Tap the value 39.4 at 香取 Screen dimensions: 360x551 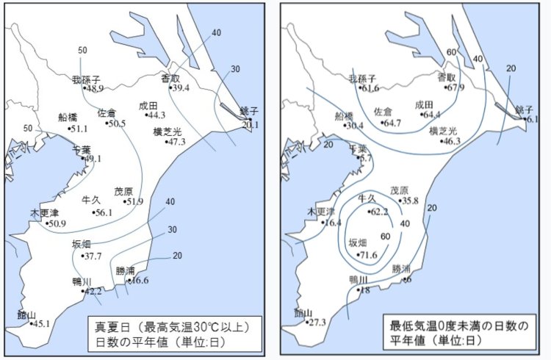180,87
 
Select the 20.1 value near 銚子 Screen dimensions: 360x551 250,124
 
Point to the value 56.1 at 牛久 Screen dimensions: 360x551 104,212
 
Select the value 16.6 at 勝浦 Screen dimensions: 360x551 140,280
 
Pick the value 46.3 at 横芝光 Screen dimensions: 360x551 450,141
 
